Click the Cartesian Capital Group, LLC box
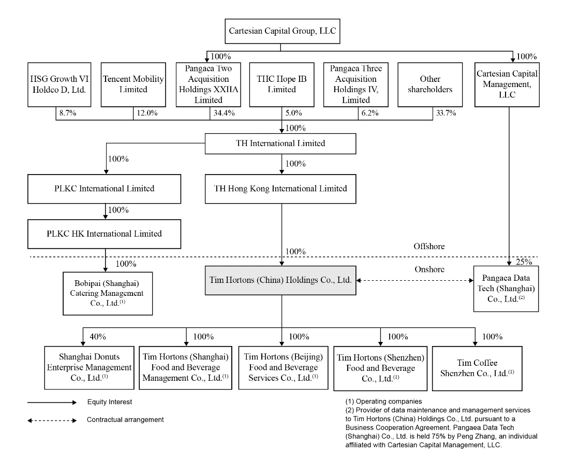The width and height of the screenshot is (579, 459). click(x=283, y=31)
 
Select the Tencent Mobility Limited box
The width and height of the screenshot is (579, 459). click(x=133, y=84)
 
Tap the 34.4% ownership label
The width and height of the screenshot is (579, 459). click(x=224, y=113)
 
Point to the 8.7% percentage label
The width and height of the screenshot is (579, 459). click(x=68, y=113)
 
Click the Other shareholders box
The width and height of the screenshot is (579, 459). click(x=430, y=84)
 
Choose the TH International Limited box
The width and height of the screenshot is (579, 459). click(x=280, y=144)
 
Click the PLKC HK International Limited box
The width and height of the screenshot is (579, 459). click(x=104, y=234)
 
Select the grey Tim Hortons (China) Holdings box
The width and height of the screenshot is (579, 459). click(x=280, y=280)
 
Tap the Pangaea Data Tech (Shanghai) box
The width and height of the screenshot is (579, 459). click(x=506, y=289)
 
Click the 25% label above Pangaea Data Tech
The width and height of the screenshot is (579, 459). click(x=524, y=262)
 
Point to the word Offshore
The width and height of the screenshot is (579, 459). click(x=429, y=247)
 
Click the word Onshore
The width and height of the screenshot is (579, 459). click(x=429, y=269)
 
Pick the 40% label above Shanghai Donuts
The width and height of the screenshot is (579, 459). click(x=98, y=337)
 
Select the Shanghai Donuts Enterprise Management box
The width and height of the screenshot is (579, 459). click(x=90, y=368)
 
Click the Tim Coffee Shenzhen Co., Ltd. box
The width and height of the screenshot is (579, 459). click(x=477, y=368)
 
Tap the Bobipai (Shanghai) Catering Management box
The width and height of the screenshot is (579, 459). click(x=108, y=294)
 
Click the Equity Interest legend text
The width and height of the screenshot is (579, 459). click(x=110, y=402)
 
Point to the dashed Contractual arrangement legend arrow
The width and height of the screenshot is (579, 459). click(x=52, y=421)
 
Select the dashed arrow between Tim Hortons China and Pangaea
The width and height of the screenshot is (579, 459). click(x=414, y=280)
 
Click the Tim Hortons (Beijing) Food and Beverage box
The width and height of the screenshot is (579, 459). click(x=283, y=368)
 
